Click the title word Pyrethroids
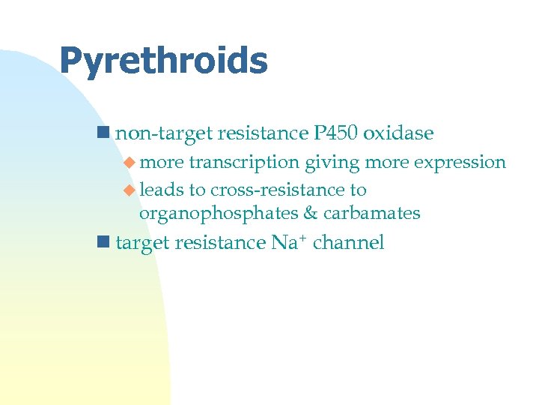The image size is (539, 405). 163,61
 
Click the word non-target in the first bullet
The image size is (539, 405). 164,133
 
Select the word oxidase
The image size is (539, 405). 398,133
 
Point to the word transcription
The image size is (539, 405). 244,163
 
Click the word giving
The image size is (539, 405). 332,163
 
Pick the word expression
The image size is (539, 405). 460,163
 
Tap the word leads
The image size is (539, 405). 159,190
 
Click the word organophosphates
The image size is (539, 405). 219,214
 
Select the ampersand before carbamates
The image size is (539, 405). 311,214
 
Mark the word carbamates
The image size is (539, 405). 372,214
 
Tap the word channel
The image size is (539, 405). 348,242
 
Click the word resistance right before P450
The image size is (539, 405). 261,133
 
